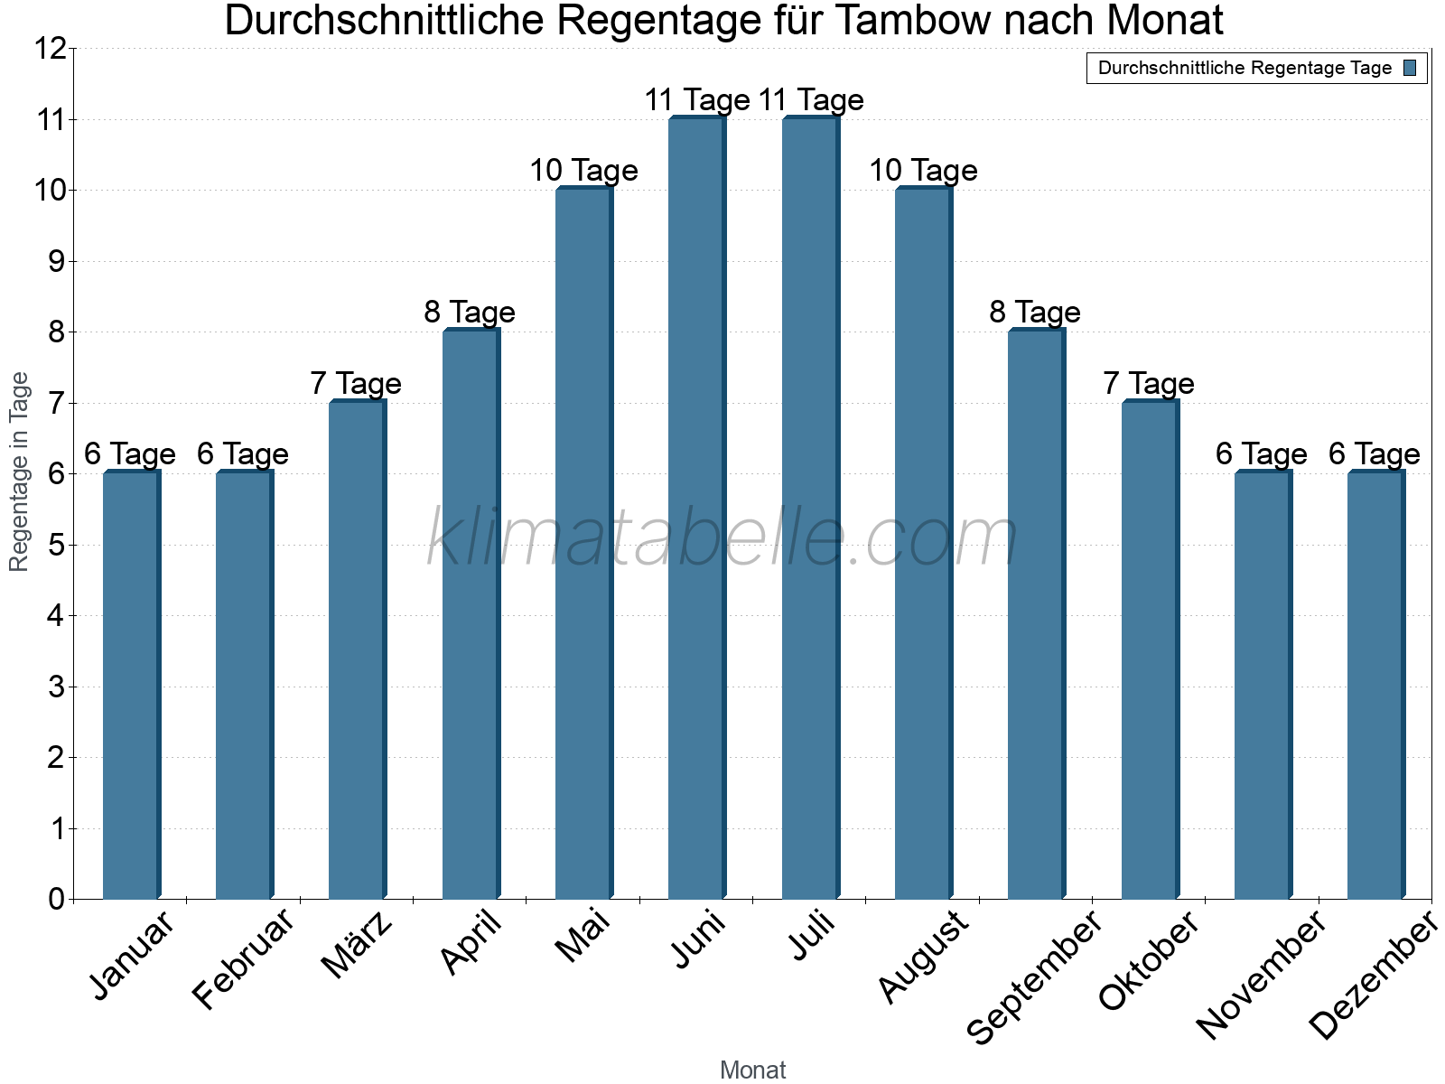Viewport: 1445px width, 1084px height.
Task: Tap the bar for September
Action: (1036, 614)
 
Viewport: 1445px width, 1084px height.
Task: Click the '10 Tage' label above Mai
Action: (583, 171)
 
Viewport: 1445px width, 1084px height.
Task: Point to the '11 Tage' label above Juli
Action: (812, 100)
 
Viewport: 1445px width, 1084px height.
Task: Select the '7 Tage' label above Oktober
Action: (1149, 384)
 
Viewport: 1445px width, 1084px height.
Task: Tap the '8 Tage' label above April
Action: (470, 313)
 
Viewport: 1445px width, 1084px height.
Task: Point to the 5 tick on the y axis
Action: (57, 546)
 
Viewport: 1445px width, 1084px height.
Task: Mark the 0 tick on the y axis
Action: (57, 899)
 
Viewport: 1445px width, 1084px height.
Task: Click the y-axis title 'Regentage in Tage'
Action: (19, 472)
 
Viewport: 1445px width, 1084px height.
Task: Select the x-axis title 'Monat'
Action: (752, 1070)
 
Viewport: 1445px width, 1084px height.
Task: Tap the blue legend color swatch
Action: (1411, 68)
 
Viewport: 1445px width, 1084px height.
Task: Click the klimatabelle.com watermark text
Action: (722, 538)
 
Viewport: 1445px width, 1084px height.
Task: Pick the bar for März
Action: (357, 649)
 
